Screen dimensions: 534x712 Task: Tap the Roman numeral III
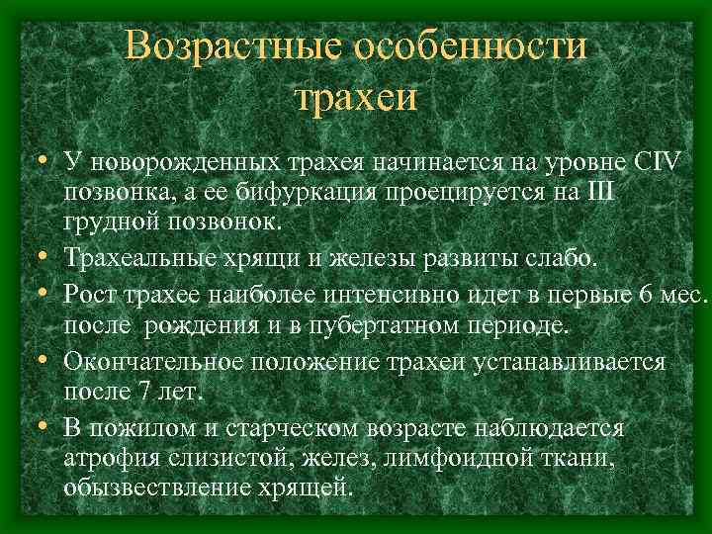[x=599, y=190]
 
